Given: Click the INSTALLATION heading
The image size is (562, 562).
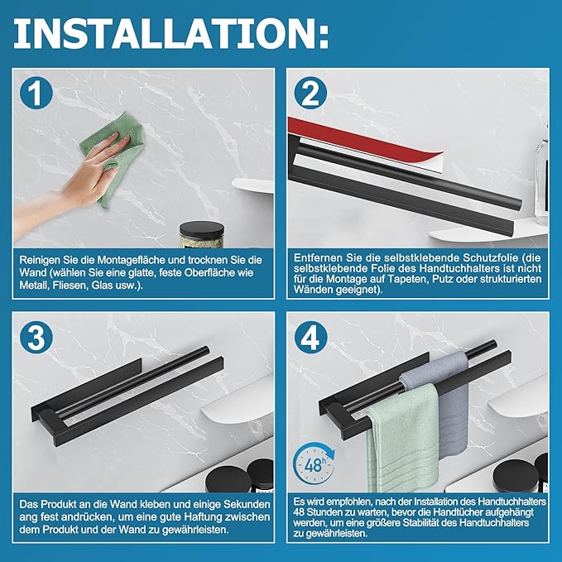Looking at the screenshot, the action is [x=171, y=33].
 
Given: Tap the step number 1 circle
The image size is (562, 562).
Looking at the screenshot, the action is [x=36, y=93].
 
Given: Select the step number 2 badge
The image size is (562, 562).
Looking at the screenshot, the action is [x=310, y=93].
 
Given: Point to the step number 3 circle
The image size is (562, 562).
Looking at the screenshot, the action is [x=36, y=338].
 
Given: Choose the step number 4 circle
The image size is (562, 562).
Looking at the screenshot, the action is [x=310, y=338].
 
